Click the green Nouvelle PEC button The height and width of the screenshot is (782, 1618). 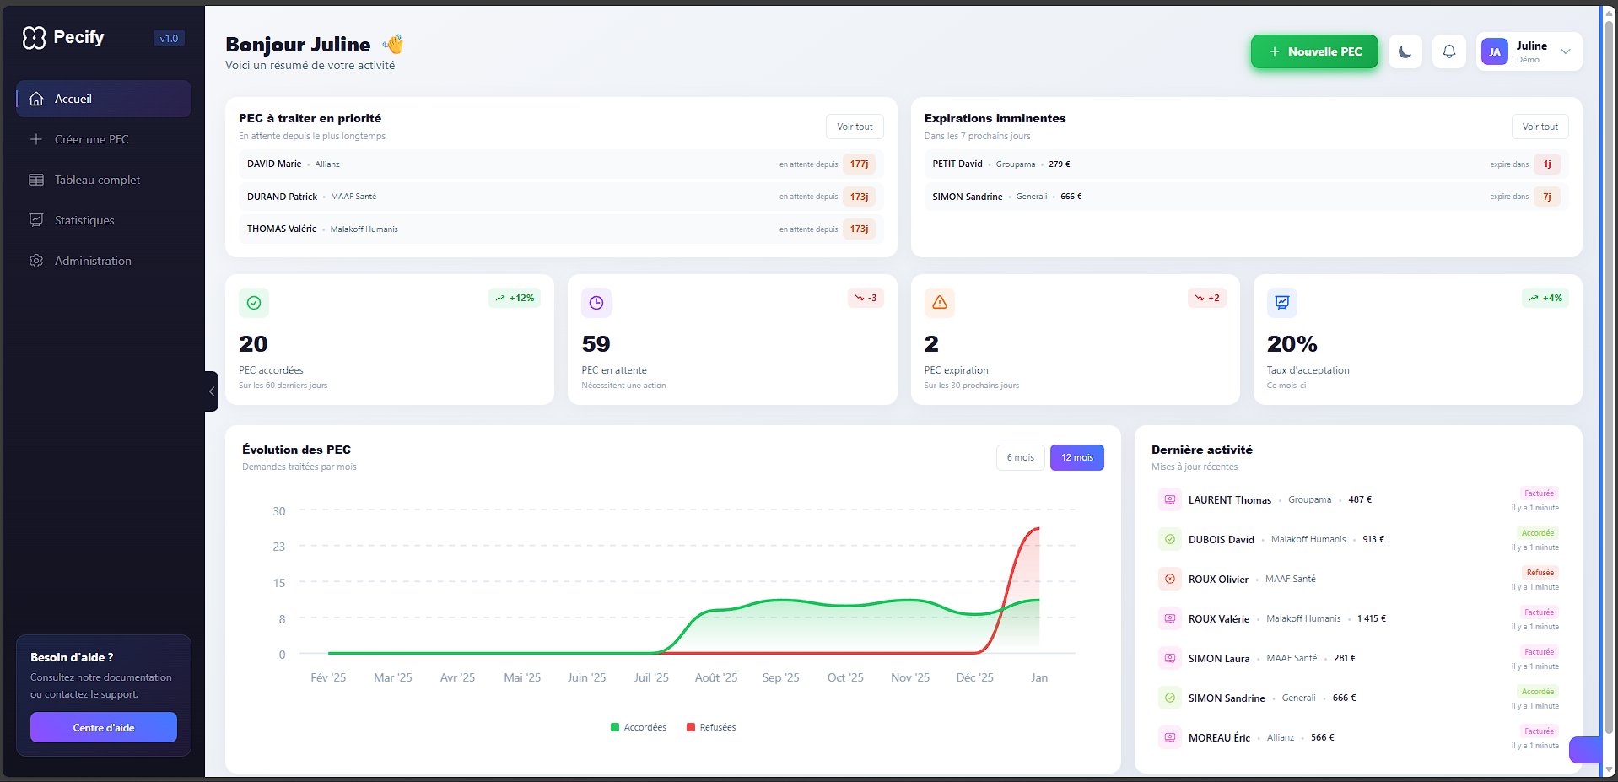pos(1313,51)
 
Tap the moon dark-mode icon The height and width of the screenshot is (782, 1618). pos(1405,51)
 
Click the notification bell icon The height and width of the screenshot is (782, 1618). pos(1448,51)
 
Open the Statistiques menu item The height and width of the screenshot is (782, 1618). pos(84,220)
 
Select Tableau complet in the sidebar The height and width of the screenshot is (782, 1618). pos(97,180)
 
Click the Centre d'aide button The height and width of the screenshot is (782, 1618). pos(104,727)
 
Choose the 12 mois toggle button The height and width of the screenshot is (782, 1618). pos(1076,457)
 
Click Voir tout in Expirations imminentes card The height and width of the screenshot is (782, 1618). pos(1540,127)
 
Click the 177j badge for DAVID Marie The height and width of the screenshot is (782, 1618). pos(859,164)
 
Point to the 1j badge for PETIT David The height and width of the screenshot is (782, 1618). pos(1546,164)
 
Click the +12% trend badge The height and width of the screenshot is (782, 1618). pos(515,298)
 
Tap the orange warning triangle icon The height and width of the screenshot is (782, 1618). pos(939,302)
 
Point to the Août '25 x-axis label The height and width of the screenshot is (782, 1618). pos(715,677)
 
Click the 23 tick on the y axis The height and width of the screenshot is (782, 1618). pos(278,547)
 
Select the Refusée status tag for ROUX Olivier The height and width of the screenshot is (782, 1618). pos(1540,573)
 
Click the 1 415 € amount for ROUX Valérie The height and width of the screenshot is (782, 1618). pos(1371,618)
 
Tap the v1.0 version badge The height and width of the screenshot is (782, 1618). pos(169,38)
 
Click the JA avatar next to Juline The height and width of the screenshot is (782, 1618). pos(1494,51)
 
